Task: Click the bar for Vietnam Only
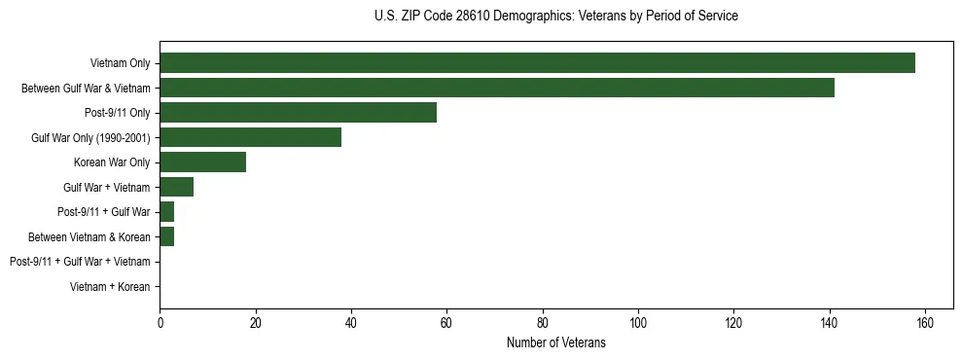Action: click(537, 63)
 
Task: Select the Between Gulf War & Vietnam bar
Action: click(497, 88)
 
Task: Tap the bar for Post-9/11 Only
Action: click(298, 113)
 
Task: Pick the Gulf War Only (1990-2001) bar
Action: click(250, 137)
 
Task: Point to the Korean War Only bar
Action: click(202, 162)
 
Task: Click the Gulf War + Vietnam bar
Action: click(176, 187)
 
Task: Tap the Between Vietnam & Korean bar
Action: click(166, 236)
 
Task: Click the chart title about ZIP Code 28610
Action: click(556, 17)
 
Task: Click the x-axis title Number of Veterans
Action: click(556, 342)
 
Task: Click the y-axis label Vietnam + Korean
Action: click(110, 287)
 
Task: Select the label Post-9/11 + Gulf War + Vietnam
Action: click(80, 262)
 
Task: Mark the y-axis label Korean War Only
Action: click(112, 162)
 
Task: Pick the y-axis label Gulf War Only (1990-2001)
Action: click(90, 137)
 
